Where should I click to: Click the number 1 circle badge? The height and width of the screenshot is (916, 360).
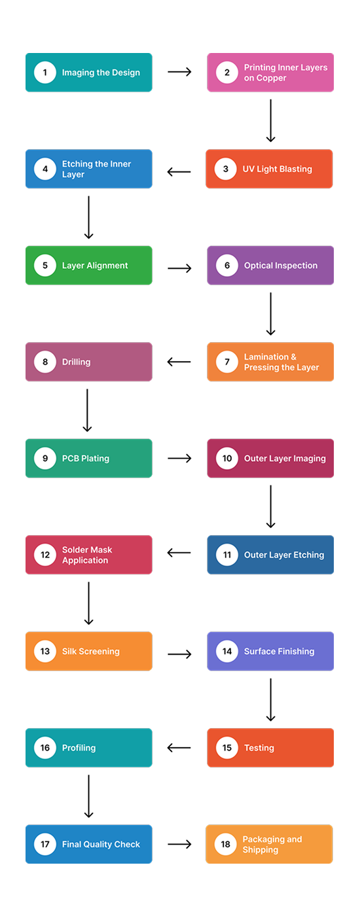pyautogui.click(x=45, y=73)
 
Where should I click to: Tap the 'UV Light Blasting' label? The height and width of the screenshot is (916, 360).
pyautogui.click(x=277, y=169)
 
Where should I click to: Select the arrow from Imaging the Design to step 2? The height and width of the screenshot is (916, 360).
pyautogui.click(x=179, y=72)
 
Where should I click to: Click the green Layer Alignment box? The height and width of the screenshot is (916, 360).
pyautogui.click(x=89, y=266)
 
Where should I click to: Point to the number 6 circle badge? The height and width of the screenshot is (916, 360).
pyautogui.click(x=227, y=266)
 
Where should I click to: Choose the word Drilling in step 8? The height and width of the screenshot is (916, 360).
pyautogui.click(x=76, y=362)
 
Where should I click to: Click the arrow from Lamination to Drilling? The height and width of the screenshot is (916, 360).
pyautogui.click(x=179, y=362)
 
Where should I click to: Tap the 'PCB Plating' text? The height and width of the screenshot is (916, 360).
pyautogui.click(x=85, y=459)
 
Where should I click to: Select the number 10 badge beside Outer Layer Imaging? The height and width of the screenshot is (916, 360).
pyautogui.click(x=227, y=459)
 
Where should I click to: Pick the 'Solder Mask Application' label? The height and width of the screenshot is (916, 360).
pyautogui.click(x=85, y=555)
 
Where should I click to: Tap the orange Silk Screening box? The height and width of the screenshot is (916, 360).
pyautogui.click(x=89, y=651)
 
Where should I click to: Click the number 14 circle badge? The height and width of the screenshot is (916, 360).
pyautogui.click(x=227, y=651)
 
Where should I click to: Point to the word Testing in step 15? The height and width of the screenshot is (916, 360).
pyautogui.click(x=259, y=748)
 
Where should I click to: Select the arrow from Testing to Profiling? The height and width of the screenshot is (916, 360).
pyautogui.click(x=179, y=748)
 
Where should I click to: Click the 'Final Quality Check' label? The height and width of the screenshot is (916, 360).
pyautogui.click(x=101, y=845)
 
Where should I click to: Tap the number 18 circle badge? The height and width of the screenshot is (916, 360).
pyautogui.click(x=226, y=844)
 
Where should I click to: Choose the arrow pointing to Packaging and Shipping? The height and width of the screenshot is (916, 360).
pyautogui.click(x=179, y=844)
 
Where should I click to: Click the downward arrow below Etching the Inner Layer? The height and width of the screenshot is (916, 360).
pyautogui.click(x=88, y=217)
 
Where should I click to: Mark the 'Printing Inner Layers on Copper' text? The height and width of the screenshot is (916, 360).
pyautogui.click(x=285, y=73)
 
